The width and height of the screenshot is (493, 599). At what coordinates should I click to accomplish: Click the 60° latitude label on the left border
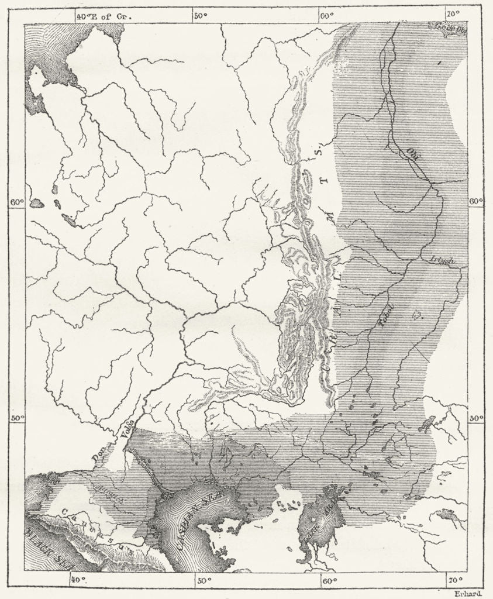point(17,202)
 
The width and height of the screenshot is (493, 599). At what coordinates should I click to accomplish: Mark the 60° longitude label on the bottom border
point(329,580)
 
